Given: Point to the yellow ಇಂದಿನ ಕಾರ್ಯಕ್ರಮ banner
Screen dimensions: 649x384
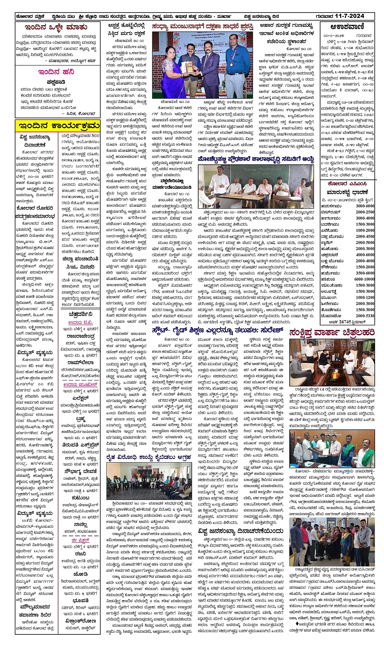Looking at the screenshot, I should coord(57,125).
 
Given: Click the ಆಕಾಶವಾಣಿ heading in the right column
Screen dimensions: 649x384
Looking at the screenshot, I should coord(347,27).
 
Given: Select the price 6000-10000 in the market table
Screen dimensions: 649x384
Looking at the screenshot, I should coord(364,280).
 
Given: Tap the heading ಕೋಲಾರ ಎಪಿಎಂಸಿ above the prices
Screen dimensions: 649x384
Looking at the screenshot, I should coord(347,184).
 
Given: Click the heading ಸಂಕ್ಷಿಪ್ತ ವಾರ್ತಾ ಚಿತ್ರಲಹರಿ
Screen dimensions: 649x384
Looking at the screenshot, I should coord(331,333).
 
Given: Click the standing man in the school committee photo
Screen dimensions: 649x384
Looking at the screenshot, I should coord(219,185).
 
